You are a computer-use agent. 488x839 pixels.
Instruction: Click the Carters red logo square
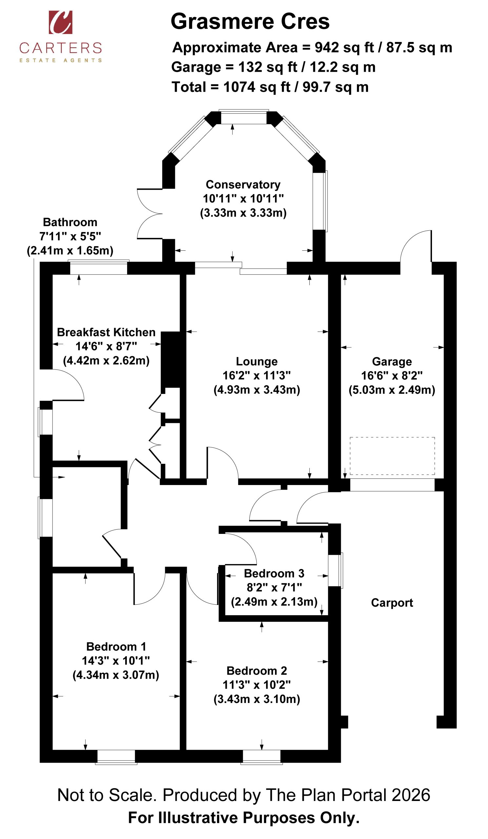pyautogui.click(x=61, y=22)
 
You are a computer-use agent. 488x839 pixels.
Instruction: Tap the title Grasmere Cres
pyautogui.click(x=250, y=21)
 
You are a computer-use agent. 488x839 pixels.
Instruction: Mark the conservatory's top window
pyautogui.click(x=244, y=117)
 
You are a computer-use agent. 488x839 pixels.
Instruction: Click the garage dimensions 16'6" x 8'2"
pyautogui.click(x=392, y=376)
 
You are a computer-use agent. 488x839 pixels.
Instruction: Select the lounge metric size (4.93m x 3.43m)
pyautogui.click(x=257, y=390)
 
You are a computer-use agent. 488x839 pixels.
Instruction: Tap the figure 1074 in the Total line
pyautogui.click(x=239, y=87)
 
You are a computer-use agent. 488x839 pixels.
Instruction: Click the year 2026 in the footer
pyautogui.click(x=411, y=795)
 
